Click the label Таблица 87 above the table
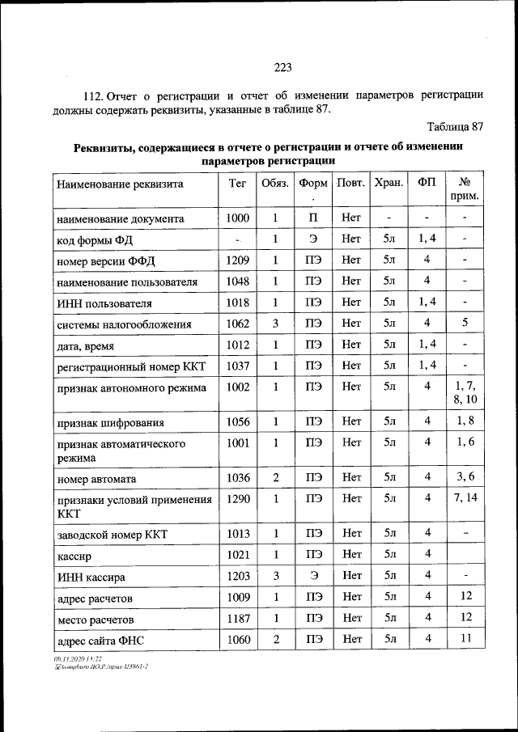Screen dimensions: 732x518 455,127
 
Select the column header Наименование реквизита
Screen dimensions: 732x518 120,184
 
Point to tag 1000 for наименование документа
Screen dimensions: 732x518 238,218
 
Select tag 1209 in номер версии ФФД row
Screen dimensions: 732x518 238,260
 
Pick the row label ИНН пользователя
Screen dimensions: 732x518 104,303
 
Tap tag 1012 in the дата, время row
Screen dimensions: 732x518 238,345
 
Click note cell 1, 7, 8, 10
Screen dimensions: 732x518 465,393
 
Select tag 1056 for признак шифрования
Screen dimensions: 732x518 238,421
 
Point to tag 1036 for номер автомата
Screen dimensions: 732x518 238,478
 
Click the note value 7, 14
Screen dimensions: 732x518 465,498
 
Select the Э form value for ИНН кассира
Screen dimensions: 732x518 314,575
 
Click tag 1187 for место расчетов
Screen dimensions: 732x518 238,618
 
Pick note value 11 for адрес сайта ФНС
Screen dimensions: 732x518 465,639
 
